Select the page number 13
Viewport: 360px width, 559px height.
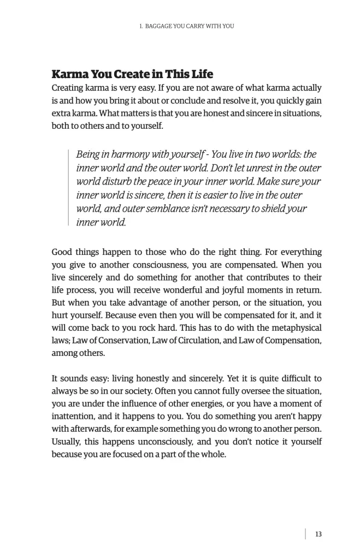(318, 534)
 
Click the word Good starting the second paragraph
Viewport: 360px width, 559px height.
(63, 252)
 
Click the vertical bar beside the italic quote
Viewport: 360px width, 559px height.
(68, 188)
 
